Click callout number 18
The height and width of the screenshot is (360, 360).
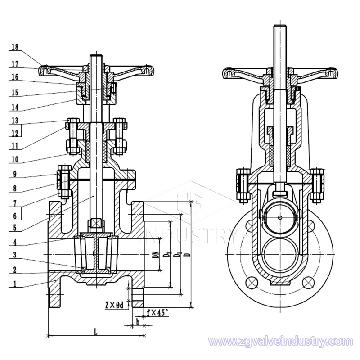click(15, 47)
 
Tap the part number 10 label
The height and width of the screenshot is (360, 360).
click(15, 160)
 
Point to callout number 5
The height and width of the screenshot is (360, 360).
click(15, 228)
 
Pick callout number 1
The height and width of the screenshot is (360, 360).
click(15, 284)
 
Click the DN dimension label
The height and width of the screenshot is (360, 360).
click(155, 256)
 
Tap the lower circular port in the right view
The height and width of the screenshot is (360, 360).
click(279, 253)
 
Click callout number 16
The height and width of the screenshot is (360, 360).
click(15, 77)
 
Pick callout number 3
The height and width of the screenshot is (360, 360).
click(15, 255)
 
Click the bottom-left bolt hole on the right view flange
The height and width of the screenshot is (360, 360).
click(252, 282)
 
